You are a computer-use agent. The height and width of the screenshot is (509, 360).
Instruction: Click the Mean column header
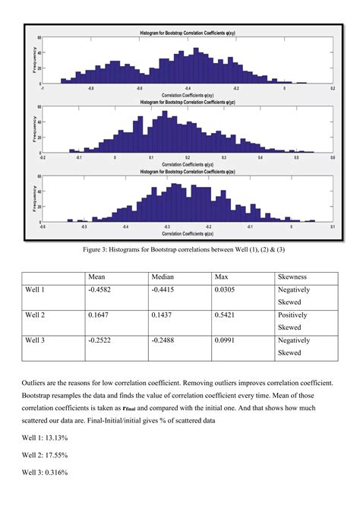[x=96, y=277]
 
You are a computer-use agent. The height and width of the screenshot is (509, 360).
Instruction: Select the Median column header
[x=163, y=277]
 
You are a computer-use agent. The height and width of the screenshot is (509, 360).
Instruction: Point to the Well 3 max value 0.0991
[x=229, y=340]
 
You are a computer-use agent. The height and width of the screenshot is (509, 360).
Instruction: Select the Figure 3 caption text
[x=179, y=248]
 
